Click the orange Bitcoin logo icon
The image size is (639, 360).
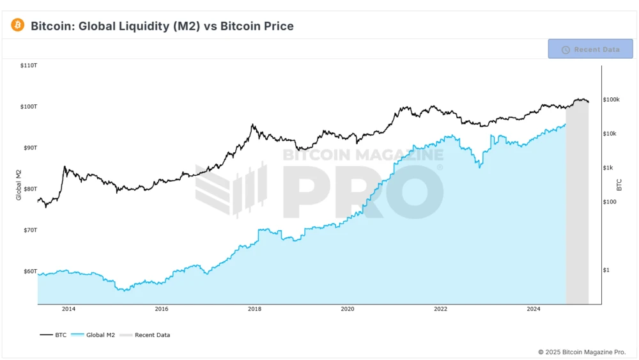pyautogui.click(x=17, y=26)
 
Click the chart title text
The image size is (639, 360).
pyautogui.click(x=162, y=26)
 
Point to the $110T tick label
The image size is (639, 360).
pyautogui.click(x=29, y=66)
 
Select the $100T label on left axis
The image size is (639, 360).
pyautogui.click(x=29, y=107)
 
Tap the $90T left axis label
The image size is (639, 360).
pyautogui.click(x=29, y=148)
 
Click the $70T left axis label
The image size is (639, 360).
pyautogui.click(x=29, y=230)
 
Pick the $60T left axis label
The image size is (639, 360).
pyautogui.click(x=29, y=271)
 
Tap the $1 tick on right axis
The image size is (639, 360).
pyautogui.click(x=606, y=270)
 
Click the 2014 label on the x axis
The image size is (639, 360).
pyautogui.click(x=68, y=309)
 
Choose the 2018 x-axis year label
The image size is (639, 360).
pyautogui.click(x=254, y=309)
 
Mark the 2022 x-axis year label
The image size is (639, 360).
pyautogui.click(x=440, y=309)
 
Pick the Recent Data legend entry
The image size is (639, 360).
pyautogui.click(x=146, y=334)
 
